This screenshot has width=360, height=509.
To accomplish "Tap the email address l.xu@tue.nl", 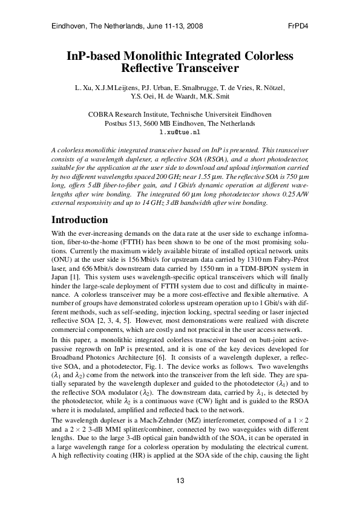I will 179,131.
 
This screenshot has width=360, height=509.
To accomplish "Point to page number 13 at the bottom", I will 180,481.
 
